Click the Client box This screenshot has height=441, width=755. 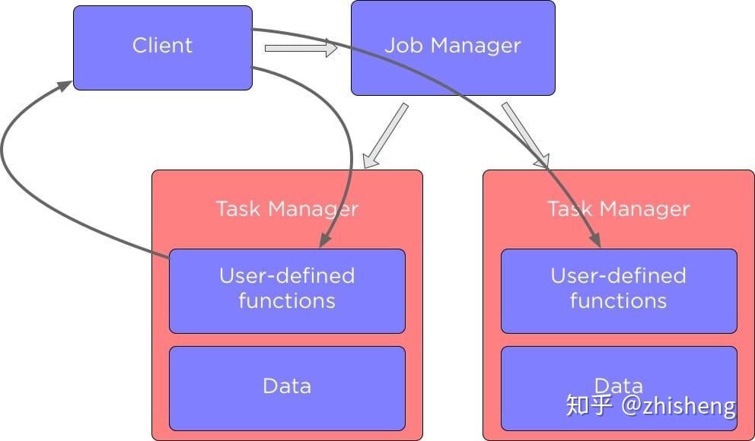pos(162,47)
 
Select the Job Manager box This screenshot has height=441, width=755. pos(452,47)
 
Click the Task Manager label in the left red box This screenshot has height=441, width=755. pos(286,208)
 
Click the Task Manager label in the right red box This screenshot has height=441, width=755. pos(618,208)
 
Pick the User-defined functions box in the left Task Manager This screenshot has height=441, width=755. pos(286,290)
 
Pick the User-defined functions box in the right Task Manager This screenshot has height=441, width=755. pos(618,290)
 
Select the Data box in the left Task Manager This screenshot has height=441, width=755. pos(286,389)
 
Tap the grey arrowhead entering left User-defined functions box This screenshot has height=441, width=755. pos(325,240)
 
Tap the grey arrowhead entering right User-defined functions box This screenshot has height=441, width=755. pos(596,240)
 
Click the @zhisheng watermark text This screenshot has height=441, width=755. pos(679,405)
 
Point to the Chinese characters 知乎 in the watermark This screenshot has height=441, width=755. pos(589,405)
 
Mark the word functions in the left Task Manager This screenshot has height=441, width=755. pos(286,301)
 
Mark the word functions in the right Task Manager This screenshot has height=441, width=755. pos(618,301)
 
